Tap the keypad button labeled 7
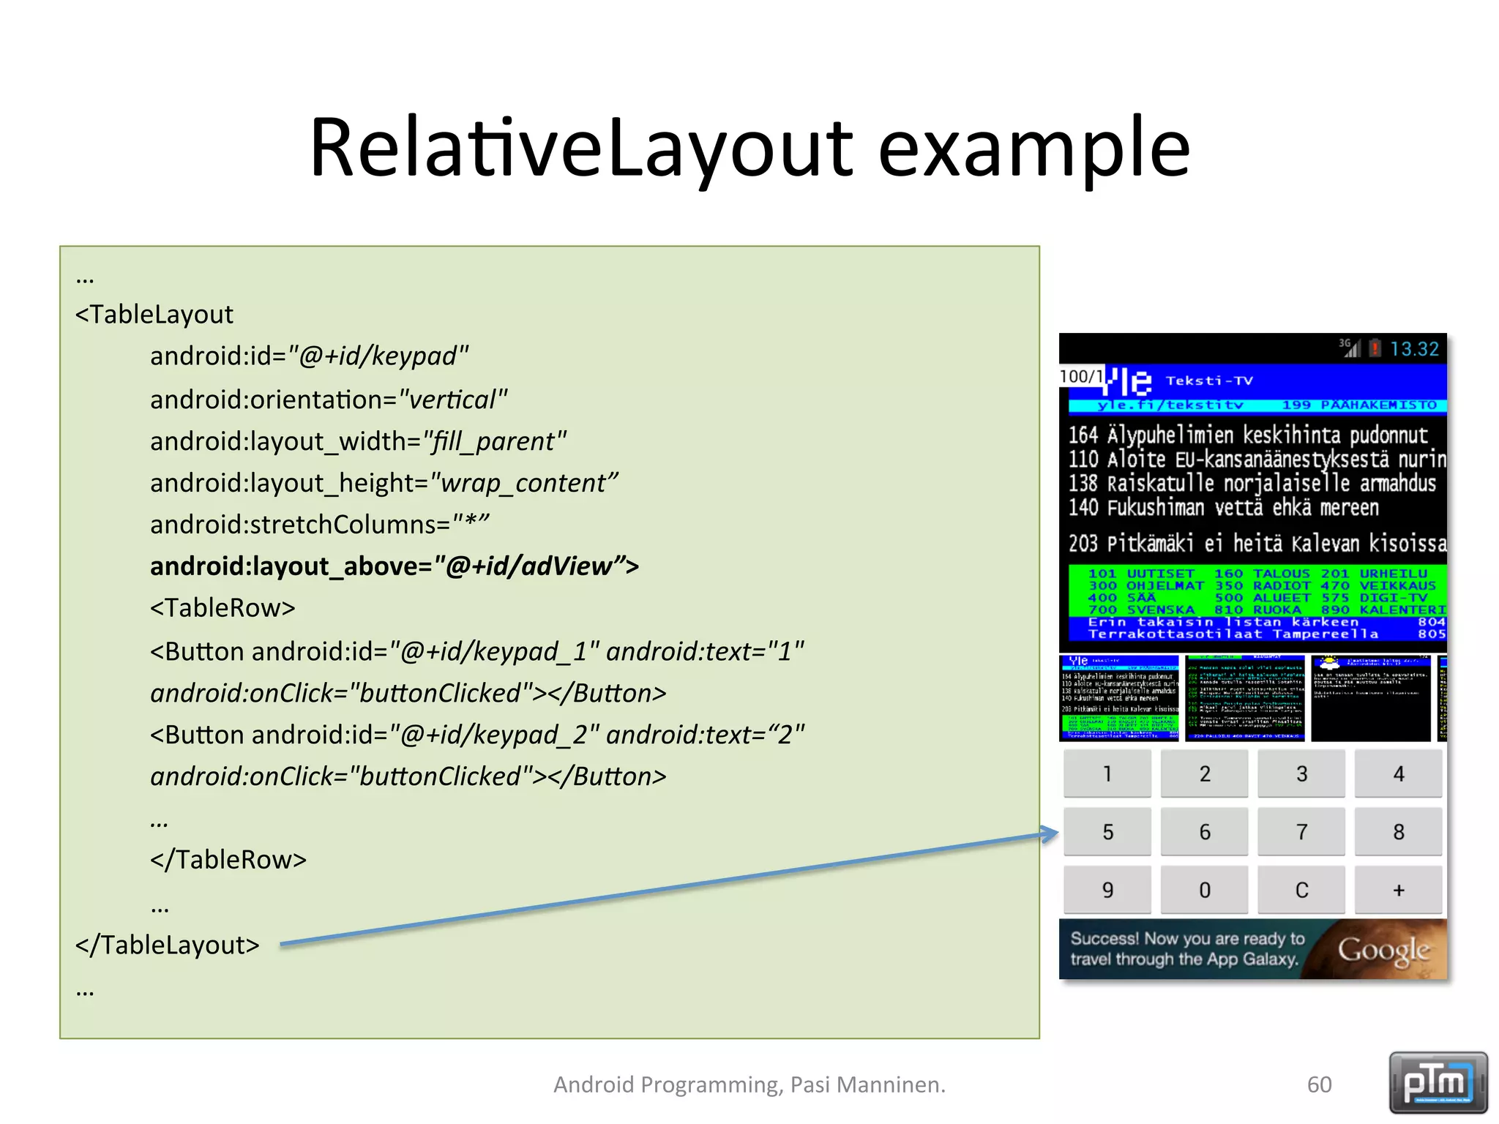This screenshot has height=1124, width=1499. coord(1301,831)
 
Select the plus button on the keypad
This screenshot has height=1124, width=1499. coord(1398,890)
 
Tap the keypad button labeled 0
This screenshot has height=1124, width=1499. coord(1204,890)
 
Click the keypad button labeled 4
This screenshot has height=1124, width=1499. coord(1398,773)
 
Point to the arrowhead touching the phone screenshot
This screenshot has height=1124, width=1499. coord(1051,833)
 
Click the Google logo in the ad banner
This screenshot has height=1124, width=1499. coord(1383,950)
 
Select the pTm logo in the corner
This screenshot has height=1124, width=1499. coord(1438,1082)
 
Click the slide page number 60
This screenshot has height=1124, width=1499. coord(1319,1084)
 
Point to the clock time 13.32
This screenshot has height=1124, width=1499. coord(1413,349)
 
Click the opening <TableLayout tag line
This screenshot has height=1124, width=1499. coord(154,315)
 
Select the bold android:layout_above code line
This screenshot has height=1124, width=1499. coord(394,566)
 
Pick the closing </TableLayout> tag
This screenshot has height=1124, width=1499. coord(168,945)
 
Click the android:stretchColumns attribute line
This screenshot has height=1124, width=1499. coord(319,525)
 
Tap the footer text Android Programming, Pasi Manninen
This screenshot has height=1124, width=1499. coord(749,1084)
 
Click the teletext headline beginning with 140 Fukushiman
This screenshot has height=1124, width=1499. coord(1222,508)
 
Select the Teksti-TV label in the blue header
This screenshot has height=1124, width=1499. coord(1208,381)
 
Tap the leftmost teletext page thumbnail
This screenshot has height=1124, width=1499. coord(1118,697)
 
